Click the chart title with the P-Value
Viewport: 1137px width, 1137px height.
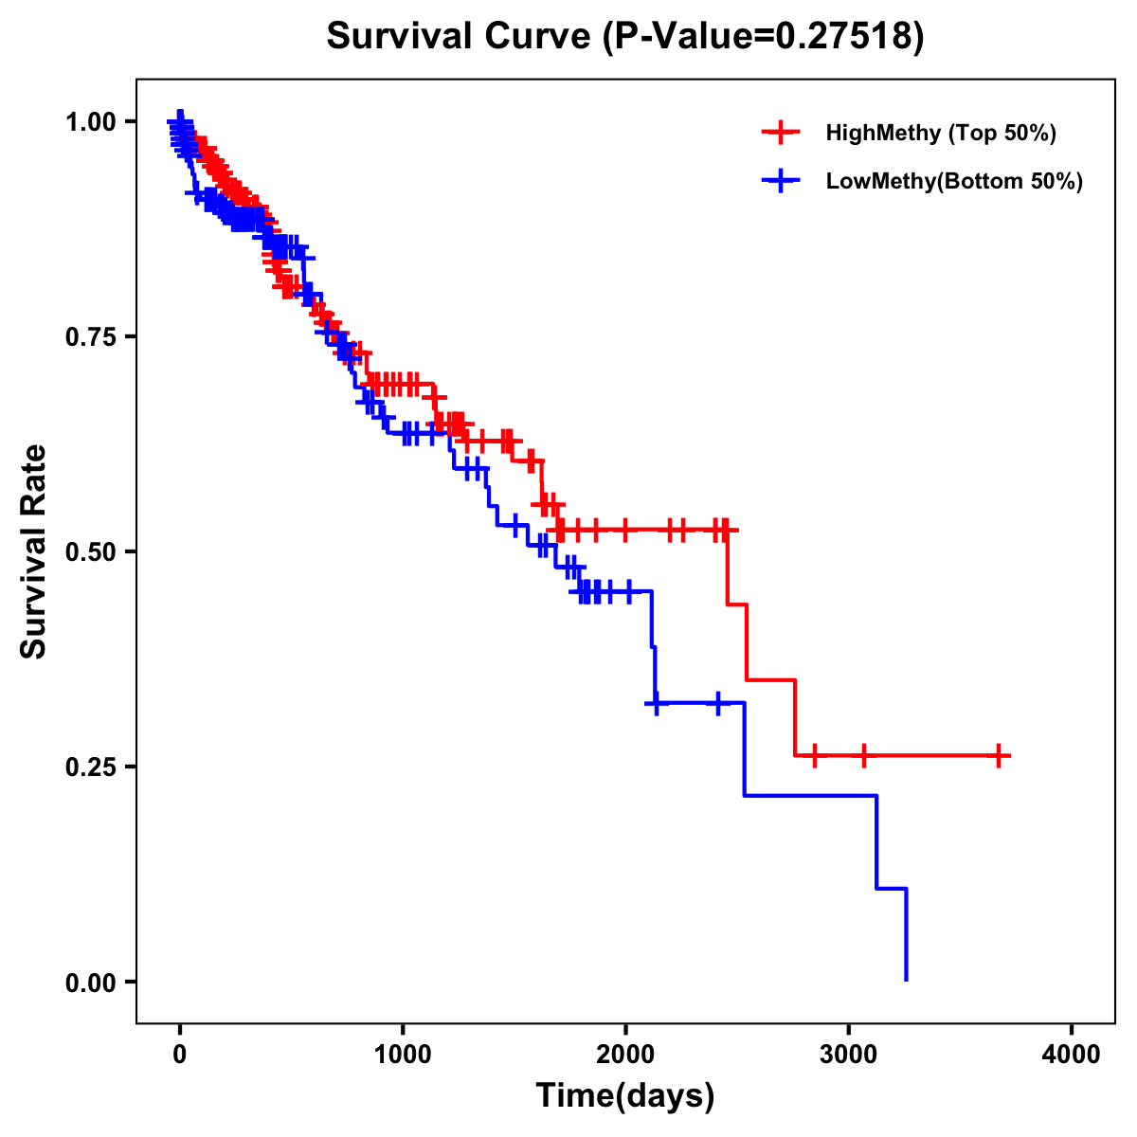click(x=624, y=36)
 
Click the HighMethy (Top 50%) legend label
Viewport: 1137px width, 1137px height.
click(x=940, y=133)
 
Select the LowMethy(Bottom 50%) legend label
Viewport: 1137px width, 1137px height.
click(x=954, y=181)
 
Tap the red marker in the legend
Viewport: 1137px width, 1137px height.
click(x=781, y=133)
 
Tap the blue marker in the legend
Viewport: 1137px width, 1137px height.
click(x=781, y=181)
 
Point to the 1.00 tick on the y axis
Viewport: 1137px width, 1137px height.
click(x=90, y=122)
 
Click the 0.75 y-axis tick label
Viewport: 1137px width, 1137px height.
click(x=90, y=337)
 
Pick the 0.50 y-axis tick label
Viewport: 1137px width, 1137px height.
click(x=90, y=552)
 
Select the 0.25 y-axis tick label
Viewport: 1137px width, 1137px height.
click(x=90, y=767)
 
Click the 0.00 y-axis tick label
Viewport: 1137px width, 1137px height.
click(x=90, y=983)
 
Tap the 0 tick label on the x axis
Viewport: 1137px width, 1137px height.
click(x=180, y=1055)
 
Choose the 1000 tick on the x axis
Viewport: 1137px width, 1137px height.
click(x=403, y=1055)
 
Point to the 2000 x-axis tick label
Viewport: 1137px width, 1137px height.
click(x=625, y=1055)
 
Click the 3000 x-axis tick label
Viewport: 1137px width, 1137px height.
click(x=849, y=1055)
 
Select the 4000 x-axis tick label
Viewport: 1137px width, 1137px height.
click(x=1072, y=1055)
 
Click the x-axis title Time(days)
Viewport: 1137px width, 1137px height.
click(x=625, y=1096)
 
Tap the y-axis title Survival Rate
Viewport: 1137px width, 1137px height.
click(x=34, y=551)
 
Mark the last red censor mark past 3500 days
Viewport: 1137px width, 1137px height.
click(x=999, y=755)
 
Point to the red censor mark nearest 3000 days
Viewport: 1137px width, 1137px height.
click(x=863, y=755)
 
